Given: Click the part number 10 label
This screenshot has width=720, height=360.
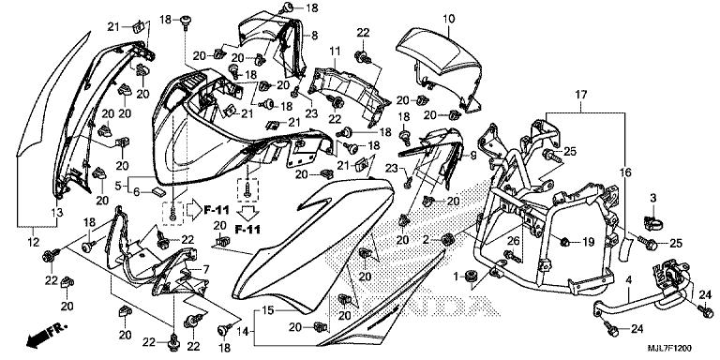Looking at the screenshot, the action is pos(449,19).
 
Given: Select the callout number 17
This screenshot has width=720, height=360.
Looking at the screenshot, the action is pos(581,95).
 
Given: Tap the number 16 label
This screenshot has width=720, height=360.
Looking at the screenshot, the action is pos(627,173).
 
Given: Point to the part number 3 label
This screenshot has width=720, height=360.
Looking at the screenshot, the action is pos(653,199).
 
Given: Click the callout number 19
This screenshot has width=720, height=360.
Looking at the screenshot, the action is pos(588,242).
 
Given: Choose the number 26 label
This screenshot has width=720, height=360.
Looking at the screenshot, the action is pos(513,241).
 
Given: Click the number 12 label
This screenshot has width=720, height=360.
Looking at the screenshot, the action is pos(35,242).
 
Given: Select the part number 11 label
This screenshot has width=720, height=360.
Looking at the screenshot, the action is pos(335,51).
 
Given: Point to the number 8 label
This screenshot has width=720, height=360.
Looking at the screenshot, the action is pos(315,35).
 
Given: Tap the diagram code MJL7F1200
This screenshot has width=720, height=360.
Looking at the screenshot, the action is pos(669,349).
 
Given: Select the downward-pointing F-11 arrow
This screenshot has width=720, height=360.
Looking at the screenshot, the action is pos(247,214).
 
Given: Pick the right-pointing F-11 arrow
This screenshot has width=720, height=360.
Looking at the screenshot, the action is pos(196,210).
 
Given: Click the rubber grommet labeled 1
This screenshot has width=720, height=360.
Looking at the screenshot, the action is pos(470,277).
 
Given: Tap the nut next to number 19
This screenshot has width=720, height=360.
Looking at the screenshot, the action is pos(565,241).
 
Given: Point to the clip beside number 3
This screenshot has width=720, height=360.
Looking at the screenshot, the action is pos(654,224).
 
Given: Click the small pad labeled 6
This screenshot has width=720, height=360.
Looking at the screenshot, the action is pos(158,191).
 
